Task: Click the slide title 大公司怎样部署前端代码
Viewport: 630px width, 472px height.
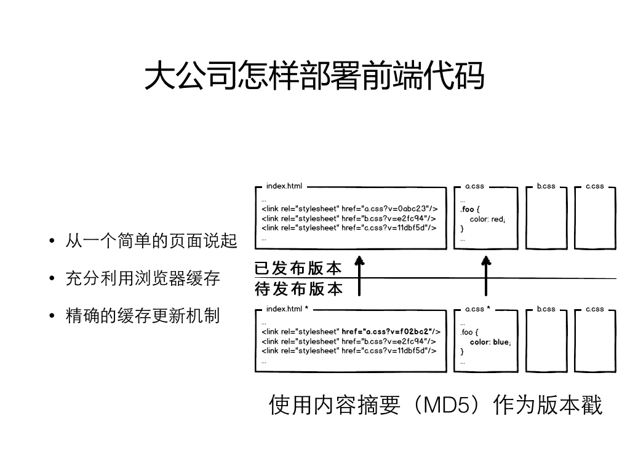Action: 314,75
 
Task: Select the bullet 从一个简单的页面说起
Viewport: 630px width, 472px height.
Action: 151,241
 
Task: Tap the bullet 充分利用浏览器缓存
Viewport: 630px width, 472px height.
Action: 143,278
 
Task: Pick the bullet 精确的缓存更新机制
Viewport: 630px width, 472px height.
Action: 143,315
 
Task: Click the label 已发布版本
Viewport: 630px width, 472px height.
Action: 298,268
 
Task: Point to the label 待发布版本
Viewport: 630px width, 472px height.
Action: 298,289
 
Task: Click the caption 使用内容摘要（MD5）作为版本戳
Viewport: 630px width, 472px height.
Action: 436,404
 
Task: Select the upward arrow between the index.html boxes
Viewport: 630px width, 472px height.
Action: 359,276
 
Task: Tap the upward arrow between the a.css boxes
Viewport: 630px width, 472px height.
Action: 486,276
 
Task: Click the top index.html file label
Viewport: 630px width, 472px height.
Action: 284,186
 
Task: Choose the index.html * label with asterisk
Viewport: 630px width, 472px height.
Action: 287,309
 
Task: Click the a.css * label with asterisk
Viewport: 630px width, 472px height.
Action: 477,309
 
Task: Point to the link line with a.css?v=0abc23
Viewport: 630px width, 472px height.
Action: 349,209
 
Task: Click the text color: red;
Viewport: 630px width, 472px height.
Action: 487,219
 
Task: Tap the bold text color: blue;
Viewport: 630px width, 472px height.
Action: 490,342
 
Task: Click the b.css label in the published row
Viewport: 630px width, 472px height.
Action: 546,186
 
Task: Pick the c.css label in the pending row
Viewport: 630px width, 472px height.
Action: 595,309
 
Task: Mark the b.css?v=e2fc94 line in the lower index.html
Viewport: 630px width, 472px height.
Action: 349,341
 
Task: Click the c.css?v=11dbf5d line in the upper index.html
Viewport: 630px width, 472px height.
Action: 349,227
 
